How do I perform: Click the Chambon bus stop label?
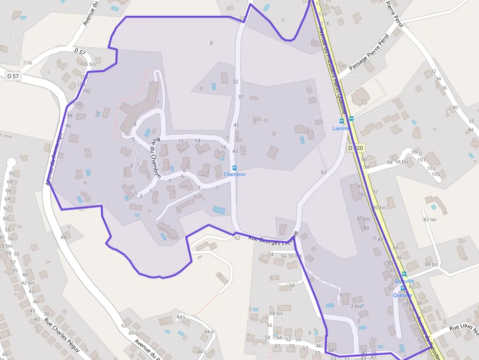coord(235,174)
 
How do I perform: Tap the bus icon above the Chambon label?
coord(235,168)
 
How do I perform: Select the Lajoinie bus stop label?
coord(341,128)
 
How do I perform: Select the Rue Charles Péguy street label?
coord(62,335)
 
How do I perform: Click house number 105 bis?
coord(87,64)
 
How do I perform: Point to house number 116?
coord(27,63)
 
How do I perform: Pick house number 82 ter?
coord(430,220)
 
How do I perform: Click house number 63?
coord(324,172)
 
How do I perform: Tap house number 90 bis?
coord(379,208)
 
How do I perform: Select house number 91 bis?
coord(363,219)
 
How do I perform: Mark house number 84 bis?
coord(432,265)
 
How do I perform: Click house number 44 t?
coord(181,317)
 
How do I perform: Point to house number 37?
coord(240,97)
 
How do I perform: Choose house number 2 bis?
coord(356,306)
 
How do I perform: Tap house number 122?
coord(320,4)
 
